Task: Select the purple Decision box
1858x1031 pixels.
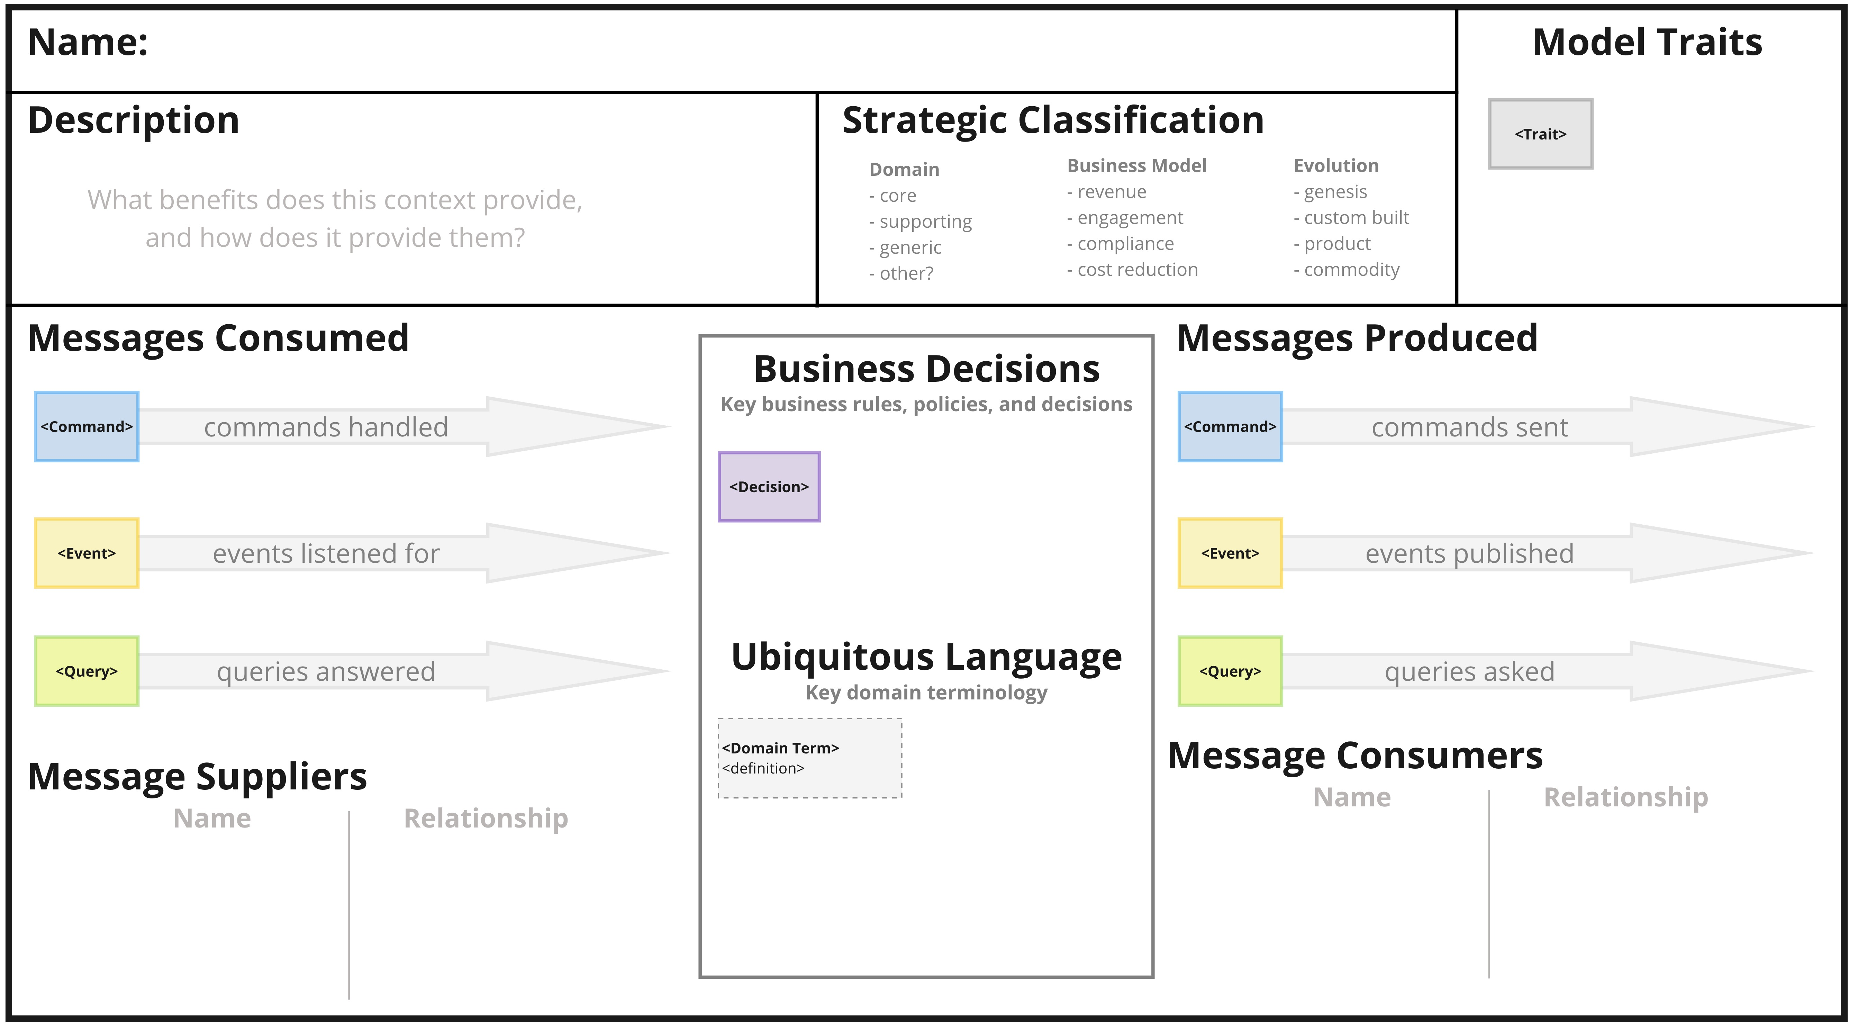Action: pos(769,487)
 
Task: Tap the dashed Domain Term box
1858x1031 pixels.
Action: pos(809,758)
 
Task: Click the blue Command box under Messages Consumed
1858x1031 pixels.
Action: pos(87,426)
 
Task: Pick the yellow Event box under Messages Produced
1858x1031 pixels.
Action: pos(1230,553)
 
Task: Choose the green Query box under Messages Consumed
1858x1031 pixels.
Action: pos(87,671)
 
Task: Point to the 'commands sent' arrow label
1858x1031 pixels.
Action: pos(1469,427)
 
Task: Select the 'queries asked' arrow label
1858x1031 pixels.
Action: pos(1469,672)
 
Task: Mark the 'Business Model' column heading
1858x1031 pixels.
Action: pos(1136,166)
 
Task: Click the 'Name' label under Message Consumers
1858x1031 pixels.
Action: pos(1352,797)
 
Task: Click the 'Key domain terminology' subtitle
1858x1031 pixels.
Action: pos(926,693)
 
